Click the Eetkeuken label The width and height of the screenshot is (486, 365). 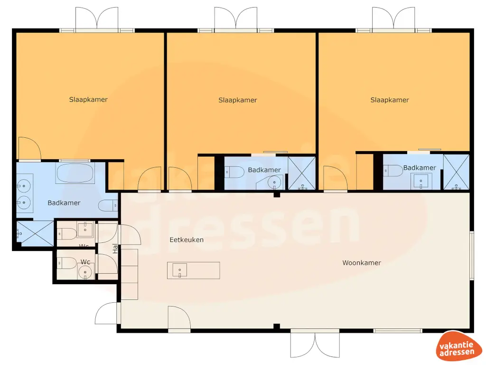[187, 240]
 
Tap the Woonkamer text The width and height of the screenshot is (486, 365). [362, 262]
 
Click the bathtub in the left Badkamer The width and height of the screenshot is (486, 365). [76, 173]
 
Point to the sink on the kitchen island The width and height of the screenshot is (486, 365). [180, 270]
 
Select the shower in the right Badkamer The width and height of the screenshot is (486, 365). [456, 173]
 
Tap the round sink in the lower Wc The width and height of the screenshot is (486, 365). [85, 272]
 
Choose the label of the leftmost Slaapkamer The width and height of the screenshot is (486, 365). [88, 100]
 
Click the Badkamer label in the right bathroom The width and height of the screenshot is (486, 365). [420, 168]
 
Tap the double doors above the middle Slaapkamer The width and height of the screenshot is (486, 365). [235, 19]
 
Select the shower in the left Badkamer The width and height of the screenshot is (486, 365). [35, 233]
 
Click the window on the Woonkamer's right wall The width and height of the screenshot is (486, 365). [471, 255]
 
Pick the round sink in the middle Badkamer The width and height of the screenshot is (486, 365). [274, 182]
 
